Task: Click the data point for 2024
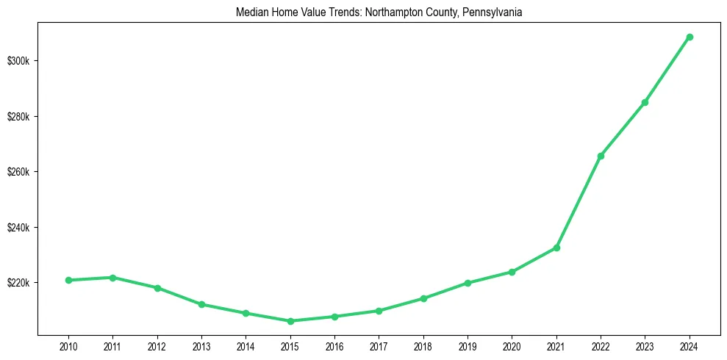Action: click(x=690, y=37)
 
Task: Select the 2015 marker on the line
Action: click(x=290, y=321)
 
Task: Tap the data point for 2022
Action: click(x=601, y=156)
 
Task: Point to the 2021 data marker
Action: click(x=556, y=248)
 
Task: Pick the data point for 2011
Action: click(x=112, y=278)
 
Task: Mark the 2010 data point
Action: click(x=68, y=280)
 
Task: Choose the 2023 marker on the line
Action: click(x=645, y=102)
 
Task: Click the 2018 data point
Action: click(x=423, y=298)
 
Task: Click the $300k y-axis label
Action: click(x=18, y=60)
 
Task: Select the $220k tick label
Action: click(x=18, y=283)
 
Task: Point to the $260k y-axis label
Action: click(x=18, y=172)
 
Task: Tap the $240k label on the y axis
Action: click(x=18, y=228)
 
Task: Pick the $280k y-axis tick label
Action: click(x=18, y=117)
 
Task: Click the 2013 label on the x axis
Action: click(x=201, y=345)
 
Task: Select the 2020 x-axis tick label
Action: click(x=512, y=345)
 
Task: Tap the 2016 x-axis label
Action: click(x=334, y=345)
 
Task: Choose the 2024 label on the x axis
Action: click(x=690, y=345)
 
